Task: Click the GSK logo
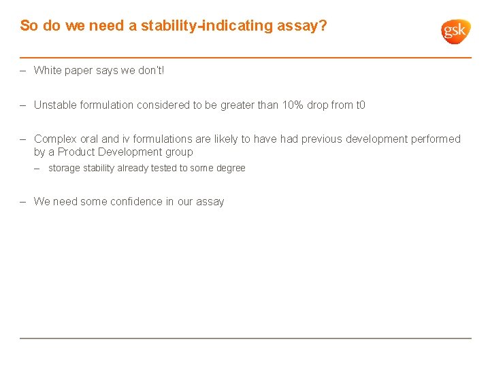pos(455,31)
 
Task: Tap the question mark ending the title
pos(323,26)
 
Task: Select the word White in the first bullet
pos(48,70)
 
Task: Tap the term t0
pos(359,105)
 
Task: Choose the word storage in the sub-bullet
pos(64,168)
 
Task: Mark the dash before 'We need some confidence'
pos(23,201)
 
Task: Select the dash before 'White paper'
pos(23,70)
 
